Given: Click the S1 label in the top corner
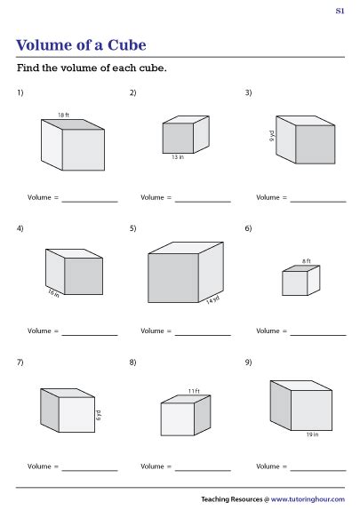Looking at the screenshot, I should tap(340, 11).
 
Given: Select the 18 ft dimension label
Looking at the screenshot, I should tap(62, 115).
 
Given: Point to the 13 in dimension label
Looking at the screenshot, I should tap(178, 157).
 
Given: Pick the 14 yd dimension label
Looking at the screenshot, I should tap(212, 300).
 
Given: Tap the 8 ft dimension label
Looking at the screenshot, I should tap(306, 261).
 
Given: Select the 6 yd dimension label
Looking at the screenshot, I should tap(99, 414).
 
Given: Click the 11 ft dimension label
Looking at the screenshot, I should tap(193, 390).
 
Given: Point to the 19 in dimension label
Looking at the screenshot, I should tap(311, 435).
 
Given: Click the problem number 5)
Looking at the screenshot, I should tap(132, 228).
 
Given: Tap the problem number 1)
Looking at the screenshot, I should tap(20, 92).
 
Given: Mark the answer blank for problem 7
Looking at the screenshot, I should tap(89, 467).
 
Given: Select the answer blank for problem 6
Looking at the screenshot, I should tap(317, 333).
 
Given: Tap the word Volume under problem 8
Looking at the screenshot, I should tap(155, 466).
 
